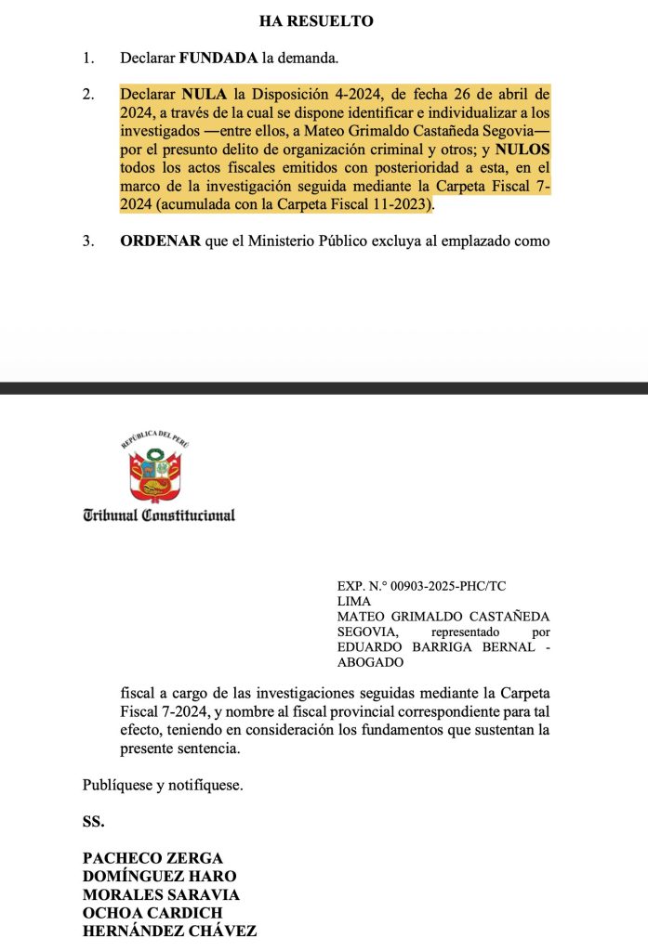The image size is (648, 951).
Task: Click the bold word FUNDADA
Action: click(218, 59)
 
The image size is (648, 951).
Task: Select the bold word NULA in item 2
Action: click(202, 95)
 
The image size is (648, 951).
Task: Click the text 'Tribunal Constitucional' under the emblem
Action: click(159, 515)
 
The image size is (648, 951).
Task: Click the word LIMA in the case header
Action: click(354, 602)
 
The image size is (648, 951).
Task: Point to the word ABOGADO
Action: click(370, 662)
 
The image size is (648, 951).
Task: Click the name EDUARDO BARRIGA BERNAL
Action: click(434, 647)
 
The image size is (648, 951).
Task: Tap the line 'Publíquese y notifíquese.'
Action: click(163, 785)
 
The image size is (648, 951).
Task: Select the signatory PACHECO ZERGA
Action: click(152, 857)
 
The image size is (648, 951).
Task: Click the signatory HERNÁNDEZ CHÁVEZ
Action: click(169, 931)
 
